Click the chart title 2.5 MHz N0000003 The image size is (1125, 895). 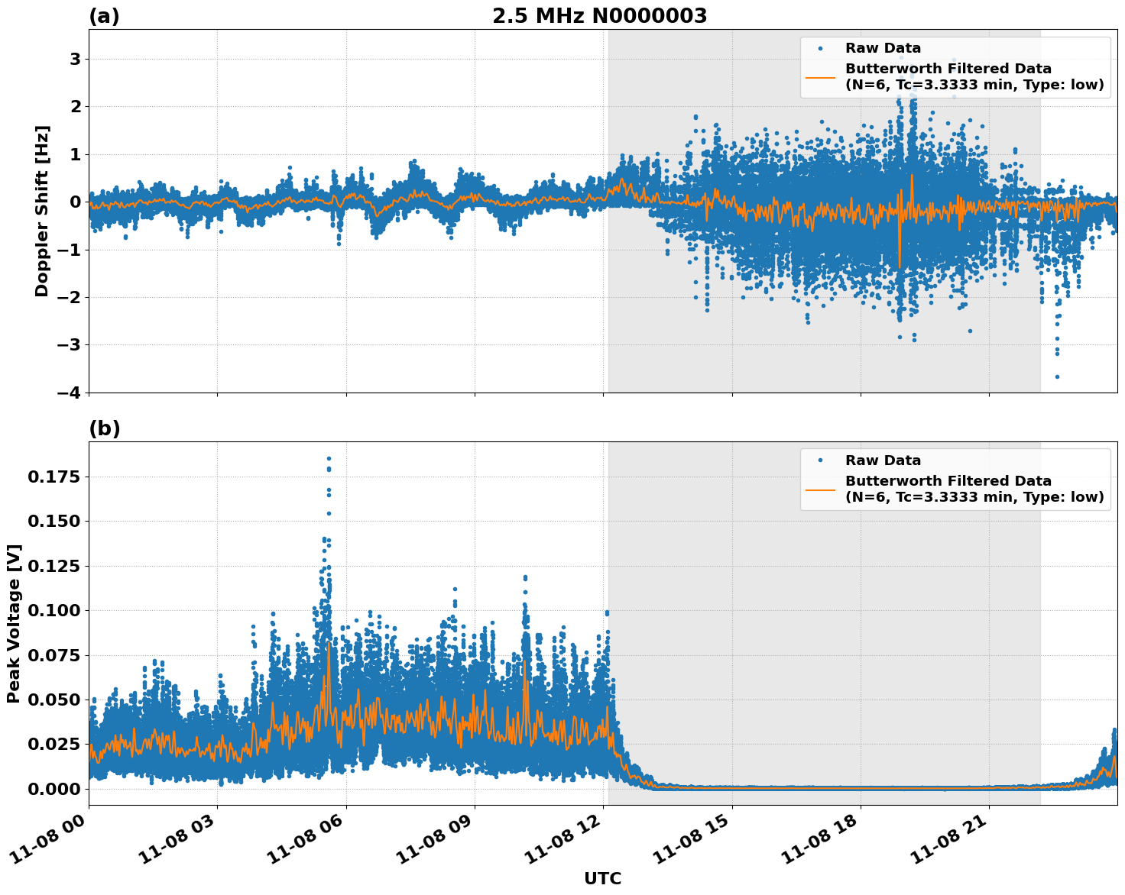(x=599, y=16)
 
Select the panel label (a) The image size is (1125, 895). (x=104, y=16)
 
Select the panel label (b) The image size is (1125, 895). (x=104, y=428)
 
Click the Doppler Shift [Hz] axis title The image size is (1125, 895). (x=42, y=211)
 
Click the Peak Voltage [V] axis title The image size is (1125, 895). (x=13, y=623)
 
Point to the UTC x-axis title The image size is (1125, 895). (x=602, y=878)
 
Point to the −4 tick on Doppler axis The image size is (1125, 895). (x=67, y=393)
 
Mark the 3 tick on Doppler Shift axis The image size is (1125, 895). (x=75, y=59)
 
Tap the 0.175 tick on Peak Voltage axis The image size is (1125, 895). (x=54, y=477)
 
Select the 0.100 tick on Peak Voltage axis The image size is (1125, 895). (x=54, y=610)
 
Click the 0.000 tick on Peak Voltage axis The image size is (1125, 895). (x=54, y=789)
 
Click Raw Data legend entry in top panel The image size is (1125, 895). (x=883, y=48)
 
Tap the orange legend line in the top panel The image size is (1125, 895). (x=820, y=77)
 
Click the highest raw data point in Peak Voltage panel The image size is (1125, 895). (x=329, y=458)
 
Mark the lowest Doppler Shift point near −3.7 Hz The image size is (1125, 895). (x=1057, y=376)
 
